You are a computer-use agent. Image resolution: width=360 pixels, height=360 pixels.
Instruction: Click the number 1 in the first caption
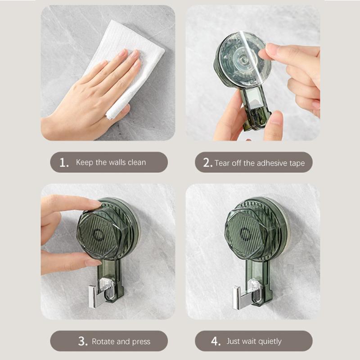64,162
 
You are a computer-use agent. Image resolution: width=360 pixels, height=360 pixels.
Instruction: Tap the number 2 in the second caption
207,163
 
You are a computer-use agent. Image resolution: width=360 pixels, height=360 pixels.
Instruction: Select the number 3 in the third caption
82,342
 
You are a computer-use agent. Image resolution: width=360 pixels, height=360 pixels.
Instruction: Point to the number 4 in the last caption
216,342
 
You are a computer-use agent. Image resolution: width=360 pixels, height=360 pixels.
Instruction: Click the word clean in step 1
136,162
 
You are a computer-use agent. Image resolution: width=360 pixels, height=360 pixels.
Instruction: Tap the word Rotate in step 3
103,342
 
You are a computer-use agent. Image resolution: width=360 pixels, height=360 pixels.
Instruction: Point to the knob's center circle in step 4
246,233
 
